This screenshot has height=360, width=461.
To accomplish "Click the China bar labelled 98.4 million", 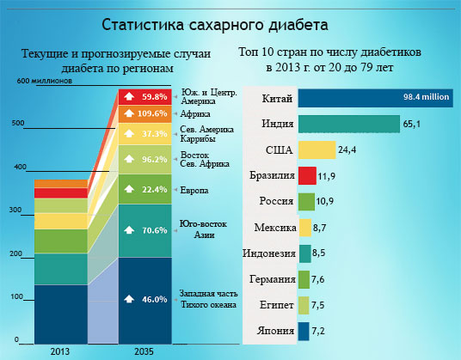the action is (376, 98).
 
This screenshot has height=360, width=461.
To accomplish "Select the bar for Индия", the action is (349, 124).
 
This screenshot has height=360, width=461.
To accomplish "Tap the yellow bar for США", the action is (317, 149).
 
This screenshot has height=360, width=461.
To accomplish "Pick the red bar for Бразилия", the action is (307, 175).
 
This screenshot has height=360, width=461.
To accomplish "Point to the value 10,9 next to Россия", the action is (325, 201).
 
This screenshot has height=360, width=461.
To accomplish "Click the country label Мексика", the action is (275, 228).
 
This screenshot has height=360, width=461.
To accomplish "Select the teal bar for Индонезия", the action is (304, 253).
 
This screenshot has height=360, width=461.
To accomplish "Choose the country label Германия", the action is (273, 278).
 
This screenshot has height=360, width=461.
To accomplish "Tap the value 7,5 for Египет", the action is (318, 305).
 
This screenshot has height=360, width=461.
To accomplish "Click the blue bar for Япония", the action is (304, 332).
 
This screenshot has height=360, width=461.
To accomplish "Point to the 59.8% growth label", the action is (155, 96).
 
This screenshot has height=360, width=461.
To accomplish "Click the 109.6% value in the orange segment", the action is (152, 113).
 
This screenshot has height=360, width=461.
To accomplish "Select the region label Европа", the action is (194, 190).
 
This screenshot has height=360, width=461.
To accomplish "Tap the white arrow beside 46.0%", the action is (129, 299).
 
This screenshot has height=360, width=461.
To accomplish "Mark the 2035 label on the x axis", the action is (144, 351).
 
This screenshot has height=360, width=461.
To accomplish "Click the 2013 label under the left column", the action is (60, 351).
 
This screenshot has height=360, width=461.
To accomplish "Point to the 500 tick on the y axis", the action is (18, 123).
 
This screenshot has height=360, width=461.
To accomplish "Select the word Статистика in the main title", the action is (143, 25).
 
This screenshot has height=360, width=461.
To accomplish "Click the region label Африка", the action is (195, 113).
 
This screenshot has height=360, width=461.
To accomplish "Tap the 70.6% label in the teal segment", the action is (155, 230).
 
